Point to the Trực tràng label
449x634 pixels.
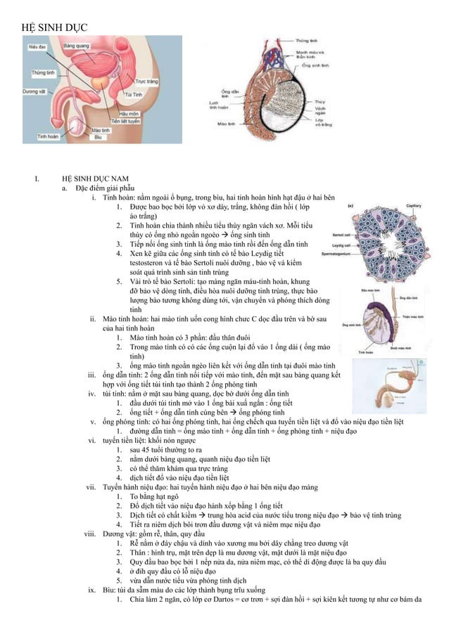click(146, 82)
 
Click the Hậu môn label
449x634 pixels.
click(129, 112)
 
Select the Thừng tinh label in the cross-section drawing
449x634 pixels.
click(306, 41)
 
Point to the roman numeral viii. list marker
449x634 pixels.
click(89, 533)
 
